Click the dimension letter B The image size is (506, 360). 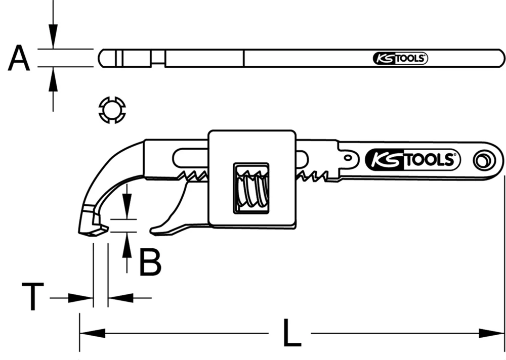150,262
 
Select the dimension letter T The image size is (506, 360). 32,297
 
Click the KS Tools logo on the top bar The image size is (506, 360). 400,58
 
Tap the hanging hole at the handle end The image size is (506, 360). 483,161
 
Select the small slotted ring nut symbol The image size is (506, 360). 111,109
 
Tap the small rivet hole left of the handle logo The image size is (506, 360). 349,158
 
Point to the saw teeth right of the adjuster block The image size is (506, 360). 316,175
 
